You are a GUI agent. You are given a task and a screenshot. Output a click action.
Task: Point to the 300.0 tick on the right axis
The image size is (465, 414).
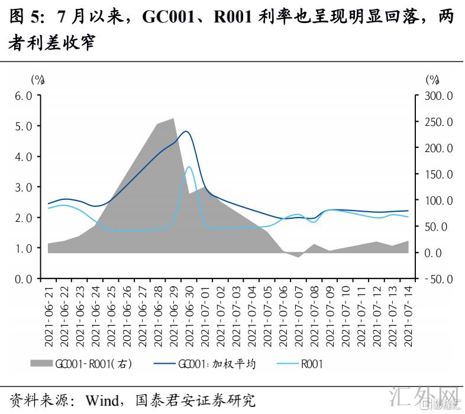(x=438, y=96)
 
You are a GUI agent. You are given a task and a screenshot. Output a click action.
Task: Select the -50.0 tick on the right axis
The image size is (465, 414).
(x=438, y=279)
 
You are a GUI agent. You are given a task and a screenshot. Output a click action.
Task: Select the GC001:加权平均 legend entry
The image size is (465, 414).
(x=204, y=364)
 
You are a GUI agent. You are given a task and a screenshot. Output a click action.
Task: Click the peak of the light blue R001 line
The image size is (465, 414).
(x=189, y=167)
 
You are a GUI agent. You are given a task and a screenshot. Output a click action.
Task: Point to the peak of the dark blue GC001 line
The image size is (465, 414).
(x=186, y=131)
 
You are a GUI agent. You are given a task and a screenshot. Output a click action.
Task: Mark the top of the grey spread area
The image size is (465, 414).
(x=173, y=119)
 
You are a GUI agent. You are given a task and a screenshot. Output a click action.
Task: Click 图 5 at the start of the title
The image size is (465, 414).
(x=22, y=17)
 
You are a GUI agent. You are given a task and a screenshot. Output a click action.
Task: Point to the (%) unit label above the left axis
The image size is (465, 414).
(x=37, y=79)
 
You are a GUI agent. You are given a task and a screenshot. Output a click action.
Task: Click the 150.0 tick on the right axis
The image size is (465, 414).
(x=438, y=174)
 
